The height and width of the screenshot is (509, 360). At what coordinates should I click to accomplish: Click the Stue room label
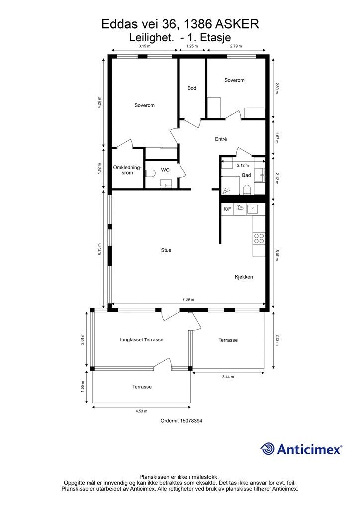coord(166,250)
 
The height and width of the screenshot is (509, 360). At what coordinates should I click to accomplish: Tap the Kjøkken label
coord(244,277)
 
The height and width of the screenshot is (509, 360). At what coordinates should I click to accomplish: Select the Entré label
coord(221,139)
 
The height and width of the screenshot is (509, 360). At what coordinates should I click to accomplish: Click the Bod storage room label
coord(192,88)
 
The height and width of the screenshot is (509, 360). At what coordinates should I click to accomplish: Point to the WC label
coord(165,170)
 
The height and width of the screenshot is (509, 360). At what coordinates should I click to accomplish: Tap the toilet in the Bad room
coord(247,189)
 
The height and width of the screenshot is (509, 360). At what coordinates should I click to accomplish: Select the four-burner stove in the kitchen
coord(259,238)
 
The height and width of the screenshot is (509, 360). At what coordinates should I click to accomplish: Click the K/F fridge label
coord(227,209)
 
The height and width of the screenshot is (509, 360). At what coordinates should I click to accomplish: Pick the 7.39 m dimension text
coord(188,299)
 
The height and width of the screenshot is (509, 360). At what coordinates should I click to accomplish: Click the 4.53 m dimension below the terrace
coord(141,411)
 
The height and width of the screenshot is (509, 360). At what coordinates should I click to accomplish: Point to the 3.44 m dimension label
coord(228,377)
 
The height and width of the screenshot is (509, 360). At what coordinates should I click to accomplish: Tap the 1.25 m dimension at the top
coord(192,46)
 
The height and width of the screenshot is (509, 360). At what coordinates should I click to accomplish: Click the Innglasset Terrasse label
coord(142,340)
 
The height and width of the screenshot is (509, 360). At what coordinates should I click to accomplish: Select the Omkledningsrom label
coord(127,170)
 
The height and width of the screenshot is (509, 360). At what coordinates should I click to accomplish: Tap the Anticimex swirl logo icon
coord(267,449)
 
